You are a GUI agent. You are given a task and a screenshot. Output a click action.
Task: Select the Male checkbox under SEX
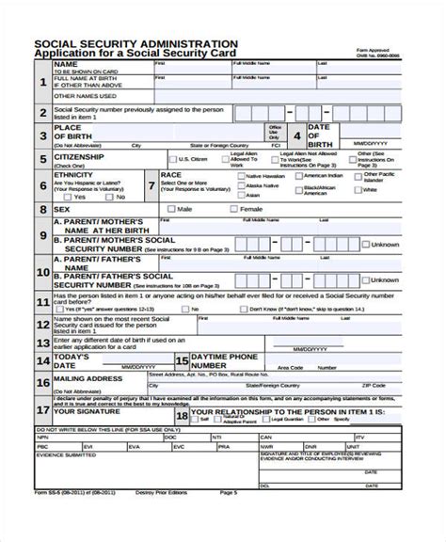(172, 208)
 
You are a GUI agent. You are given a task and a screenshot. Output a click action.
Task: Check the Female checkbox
(234, 208)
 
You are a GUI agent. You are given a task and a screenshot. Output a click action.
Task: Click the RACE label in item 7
(171, 175)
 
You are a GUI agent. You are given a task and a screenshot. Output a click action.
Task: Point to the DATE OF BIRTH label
(320, 132)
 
